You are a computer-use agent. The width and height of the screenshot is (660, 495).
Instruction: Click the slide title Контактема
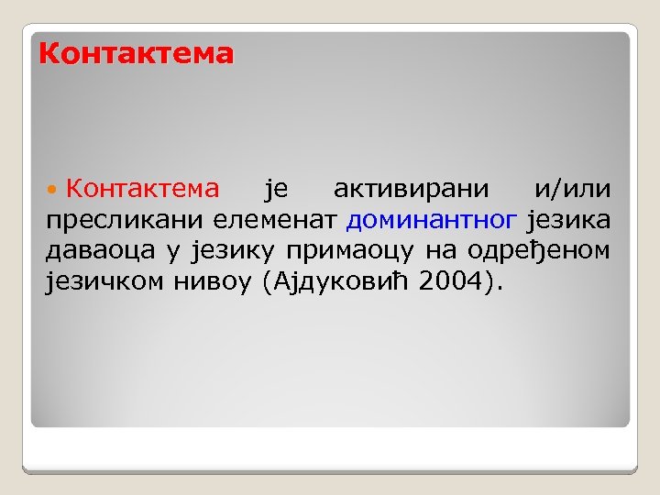tap(136, 54)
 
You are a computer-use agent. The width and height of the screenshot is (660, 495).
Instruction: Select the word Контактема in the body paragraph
tap(142, 189)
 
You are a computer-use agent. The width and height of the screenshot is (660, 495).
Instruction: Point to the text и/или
tap(573, 189)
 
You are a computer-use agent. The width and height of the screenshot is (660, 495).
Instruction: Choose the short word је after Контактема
tap(276, 190)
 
